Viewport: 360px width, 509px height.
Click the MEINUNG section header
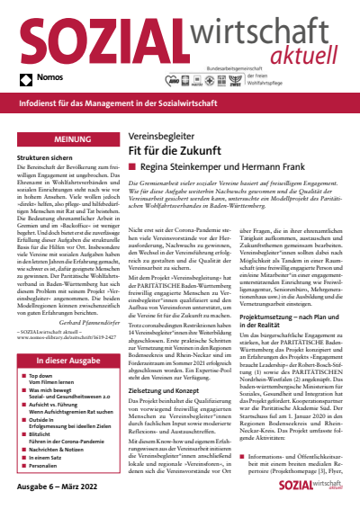pos(60,141)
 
